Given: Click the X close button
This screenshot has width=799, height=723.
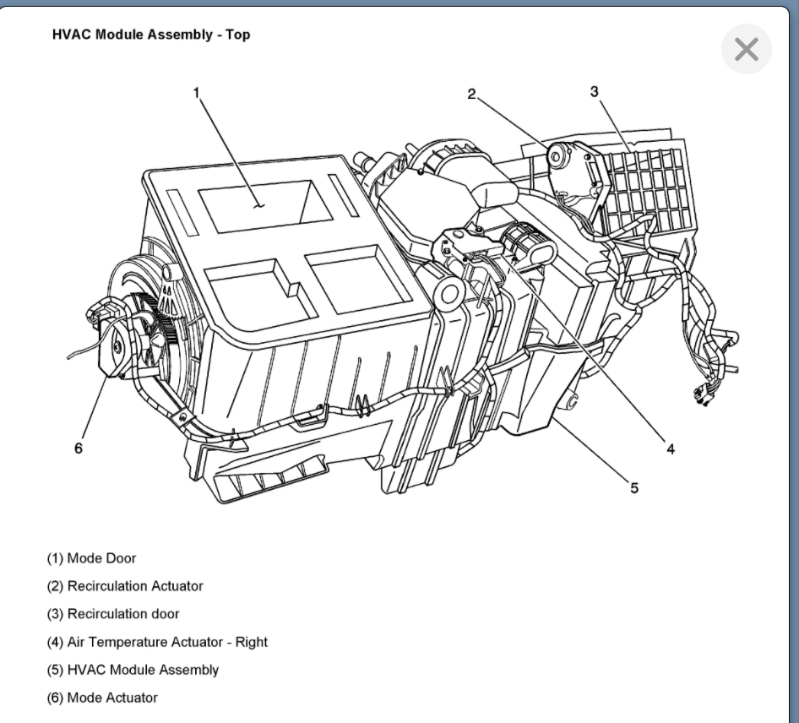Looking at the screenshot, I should [746, 50].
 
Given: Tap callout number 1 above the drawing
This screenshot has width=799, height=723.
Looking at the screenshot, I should [197, 92].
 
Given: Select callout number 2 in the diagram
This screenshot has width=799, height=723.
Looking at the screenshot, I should [472, 93].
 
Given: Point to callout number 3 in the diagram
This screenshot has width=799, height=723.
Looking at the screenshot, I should [595, 90].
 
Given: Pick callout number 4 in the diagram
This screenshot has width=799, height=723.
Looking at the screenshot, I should [670, 448].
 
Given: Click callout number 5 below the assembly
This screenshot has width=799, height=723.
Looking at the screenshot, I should [634, 487].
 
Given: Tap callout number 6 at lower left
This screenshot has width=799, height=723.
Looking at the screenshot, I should [79, 448].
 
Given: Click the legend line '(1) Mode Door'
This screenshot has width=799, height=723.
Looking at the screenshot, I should [91, 558].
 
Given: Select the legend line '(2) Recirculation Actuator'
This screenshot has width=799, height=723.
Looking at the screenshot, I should [125, 586].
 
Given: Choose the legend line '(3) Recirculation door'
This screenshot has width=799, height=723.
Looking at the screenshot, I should [113, 614].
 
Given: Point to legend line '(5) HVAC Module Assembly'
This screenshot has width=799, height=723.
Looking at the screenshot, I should [133, 670].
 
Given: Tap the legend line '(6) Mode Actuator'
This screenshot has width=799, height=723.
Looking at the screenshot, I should [102, 698].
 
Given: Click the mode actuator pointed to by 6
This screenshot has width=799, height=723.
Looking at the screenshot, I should [114, 341].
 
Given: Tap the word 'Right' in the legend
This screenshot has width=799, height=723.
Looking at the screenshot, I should [251, 642].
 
